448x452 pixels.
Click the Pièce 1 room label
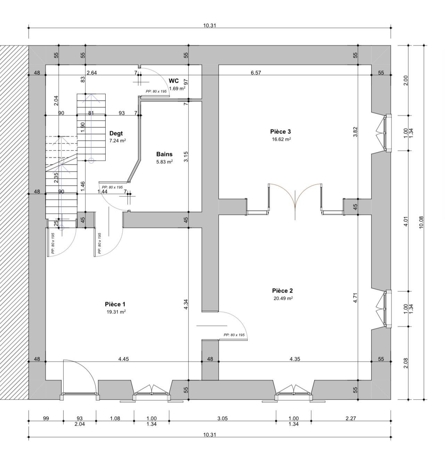(115, 304)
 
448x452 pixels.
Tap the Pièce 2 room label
(282, 291)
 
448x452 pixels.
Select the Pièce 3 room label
(281, 132)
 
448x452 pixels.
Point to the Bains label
(164, 154)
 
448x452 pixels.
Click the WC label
(174, 81)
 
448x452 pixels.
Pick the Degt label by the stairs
(116, 133)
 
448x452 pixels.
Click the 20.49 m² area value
(283, 298)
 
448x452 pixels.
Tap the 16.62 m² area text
(281, 139)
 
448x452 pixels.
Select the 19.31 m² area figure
(116, 312)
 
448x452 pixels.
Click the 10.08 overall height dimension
(421, 222)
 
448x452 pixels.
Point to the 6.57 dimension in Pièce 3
(256, 73)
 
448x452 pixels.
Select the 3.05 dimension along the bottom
(222, 418)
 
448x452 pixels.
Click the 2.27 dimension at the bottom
(351, 418)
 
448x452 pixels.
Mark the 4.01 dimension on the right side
(406, 221)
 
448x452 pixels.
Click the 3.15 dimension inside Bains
(186, 157)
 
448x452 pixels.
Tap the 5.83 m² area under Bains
(165, 162)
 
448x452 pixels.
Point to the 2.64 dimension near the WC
(92, 73)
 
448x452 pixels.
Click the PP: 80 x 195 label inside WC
(156, 91)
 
